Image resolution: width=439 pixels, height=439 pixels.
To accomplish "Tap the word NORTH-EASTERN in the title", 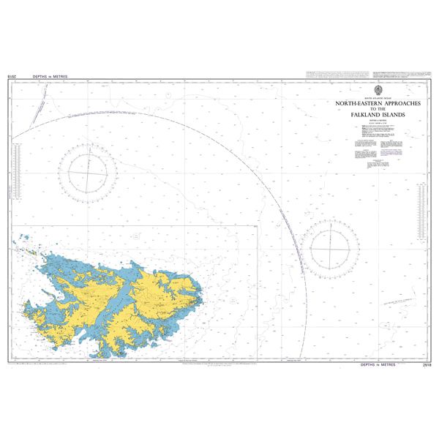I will [x=353, y=105].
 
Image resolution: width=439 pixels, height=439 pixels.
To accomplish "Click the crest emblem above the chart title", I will [x=378, y=91].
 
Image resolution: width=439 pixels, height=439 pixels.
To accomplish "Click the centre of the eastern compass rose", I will [x=329, y=249].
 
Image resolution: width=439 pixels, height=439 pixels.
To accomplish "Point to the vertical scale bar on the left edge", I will [x=15, y=172].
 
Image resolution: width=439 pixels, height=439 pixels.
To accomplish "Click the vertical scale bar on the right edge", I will [x=422, y=212].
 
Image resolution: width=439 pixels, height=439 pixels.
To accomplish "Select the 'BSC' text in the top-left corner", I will [x=10, y=76].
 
